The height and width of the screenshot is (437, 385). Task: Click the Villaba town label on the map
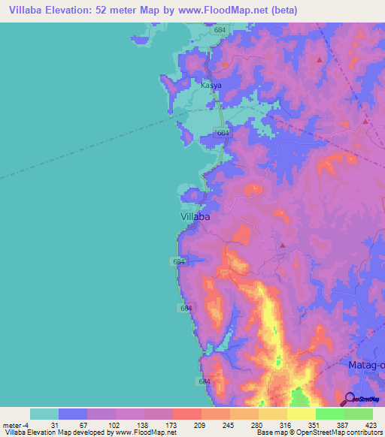coord(196,216)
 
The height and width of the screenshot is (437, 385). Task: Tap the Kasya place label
coord(211,86)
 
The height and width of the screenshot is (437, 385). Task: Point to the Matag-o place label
coord(367,365)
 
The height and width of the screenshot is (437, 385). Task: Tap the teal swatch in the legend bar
coord(44,414)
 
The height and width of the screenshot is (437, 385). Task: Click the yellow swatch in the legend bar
coord(301,414)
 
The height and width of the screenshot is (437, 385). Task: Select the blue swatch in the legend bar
coord(73,414)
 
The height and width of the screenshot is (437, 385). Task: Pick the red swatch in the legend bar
coord(186,414)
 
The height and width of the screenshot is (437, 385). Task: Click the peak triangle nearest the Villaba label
coord(283,245)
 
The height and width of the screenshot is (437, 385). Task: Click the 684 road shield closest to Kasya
coord(220,30)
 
